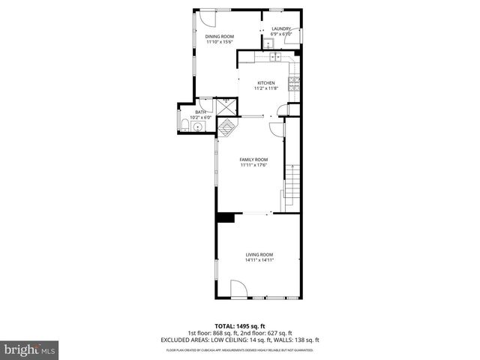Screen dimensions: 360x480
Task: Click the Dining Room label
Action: (220, 37)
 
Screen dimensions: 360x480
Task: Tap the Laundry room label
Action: (281, 28)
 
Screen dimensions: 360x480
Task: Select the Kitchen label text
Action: (266, 82)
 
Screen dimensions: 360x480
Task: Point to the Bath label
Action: (200, 112)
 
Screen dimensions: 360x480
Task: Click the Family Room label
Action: (253, 160)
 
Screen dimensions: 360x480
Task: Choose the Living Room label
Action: (259, 254)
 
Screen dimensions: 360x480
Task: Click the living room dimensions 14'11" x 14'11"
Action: (259, 259)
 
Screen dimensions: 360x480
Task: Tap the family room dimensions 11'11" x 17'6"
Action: (253, 165)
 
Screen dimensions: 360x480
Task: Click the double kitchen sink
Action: (274, 56)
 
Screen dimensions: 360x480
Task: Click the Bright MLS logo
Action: (30, 349)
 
